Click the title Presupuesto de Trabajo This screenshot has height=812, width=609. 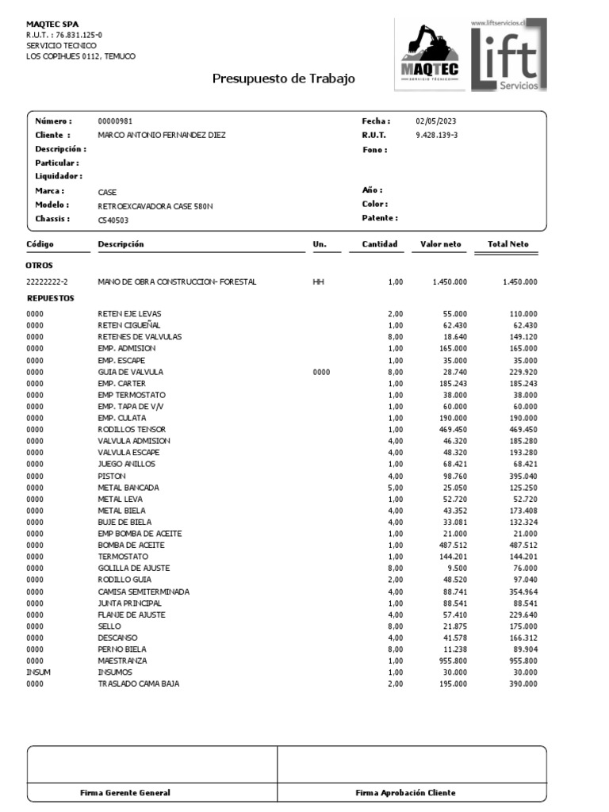(x=283, y=79)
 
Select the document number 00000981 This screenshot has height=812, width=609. (x=114, y=121)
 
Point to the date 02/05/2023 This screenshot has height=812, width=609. (x=435, y=121)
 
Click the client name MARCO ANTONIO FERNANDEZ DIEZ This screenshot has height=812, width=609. (x=161, y=136)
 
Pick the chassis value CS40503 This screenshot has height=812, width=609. (x=113, y=219)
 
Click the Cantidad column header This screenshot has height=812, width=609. (x=379, y=244)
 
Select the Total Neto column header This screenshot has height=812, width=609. (x=507, y=244)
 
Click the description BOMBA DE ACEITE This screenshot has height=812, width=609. (x=131, y=546)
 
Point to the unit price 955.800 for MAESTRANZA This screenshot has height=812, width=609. (x=450, y=661)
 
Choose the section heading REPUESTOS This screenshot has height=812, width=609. (x=51, y=299)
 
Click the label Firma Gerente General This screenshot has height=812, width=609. (x=125, y=793)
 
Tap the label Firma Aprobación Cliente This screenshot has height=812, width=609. (x=405, y=793)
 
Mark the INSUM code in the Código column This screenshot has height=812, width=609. (x=37, y=672)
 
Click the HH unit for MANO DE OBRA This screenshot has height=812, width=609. (x=319, y=282)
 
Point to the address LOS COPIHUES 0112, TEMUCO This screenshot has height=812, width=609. (x=81, y=56)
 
